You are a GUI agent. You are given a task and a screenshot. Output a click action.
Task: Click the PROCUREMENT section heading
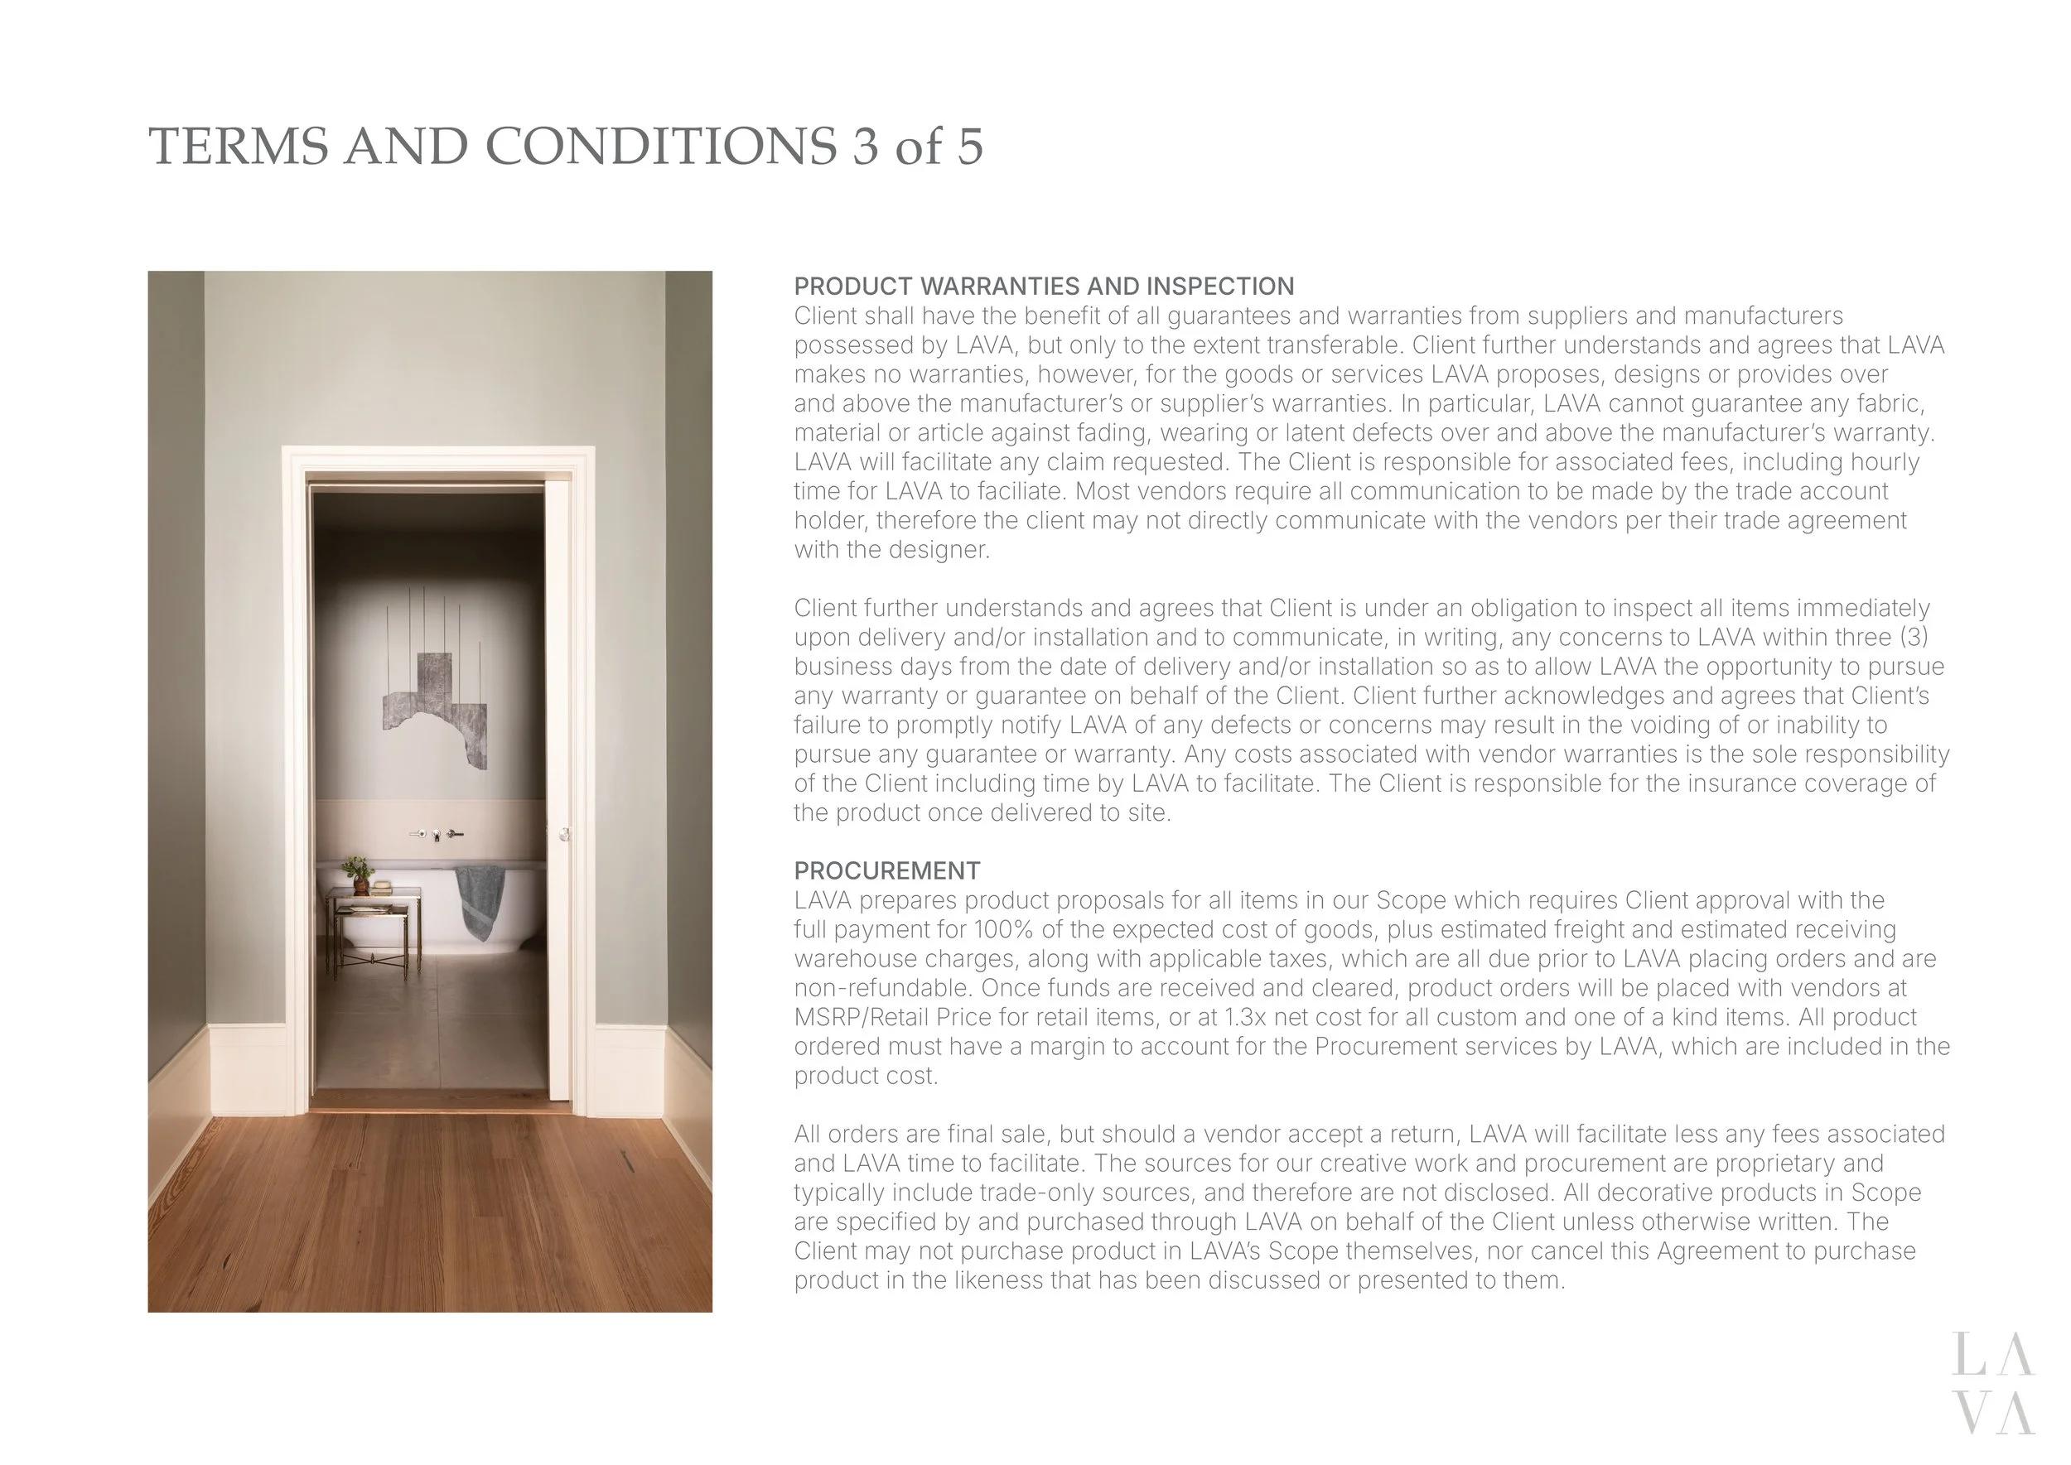point(886,870)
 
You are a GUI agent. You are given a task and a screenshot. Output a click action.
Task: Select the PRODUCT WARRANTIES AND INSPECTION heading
point(1043,286)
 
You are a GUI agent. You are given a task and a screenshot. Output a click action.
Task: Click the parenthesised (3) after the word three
point(1914,637)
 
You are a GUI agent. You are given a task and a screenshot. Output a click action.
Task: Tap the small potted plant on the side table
point(358,871)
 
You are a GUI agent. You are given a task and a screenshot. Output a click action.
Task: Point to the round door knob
point(564,835)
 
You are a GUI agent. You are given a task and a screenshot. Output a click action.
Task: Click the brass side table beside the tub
point(373,929)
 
